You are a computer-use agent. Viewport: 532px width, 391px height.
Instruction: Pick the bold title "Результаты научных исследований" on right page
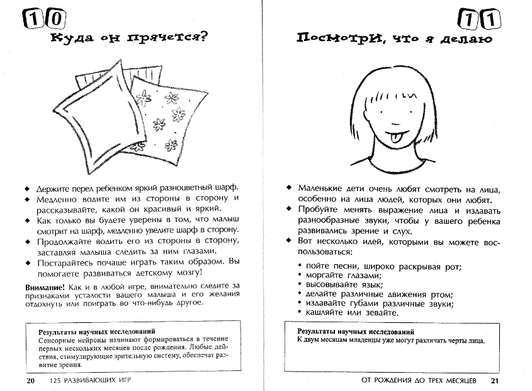[x=356, y=331]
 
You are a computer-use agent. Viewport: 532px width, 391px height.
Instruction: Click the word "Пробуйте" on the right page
[x=320, y=210]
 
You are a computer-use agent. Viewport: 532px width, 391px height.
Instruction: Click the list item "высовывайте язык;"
[x=342, y=285]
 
